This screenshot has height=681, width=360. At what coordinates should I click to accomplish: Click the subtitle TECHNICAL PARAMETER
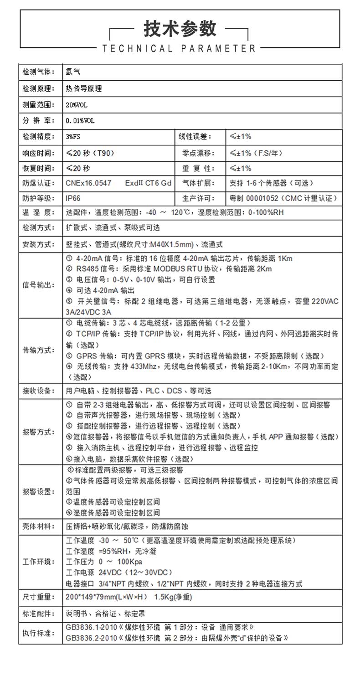180,48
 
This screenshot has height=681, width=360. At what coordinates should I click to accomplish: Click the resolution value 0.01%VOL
80,121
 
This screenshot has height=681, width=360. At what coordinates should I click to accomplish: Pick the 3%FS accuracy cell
74,136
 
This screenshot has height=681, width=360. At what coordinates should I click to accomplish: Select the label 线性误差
198,136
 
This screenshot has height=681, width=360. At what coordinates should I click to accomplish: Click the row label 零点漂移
198,153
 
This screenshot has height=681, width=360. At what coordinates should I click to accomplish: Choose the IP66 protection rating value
73,198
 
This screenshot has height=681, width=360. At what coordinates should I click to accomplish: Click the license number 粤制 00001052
254,198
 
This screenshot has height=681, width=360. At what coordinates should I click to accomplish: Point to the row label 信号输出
38,285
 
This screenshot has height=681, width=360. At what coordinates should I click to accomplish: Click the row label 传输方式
38,350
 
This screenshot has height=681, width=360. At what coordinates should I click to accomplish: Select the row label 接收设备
38,391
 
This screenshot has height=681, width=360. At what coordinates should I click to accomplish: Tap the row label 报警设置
38,491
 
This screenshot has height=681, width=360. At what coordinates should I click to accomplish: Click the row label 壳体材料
38,526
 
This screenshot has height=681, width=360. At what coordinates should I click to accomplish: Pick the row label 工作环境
38,561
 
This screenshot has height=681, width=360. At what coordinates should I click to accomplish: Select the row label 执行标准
38,633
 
